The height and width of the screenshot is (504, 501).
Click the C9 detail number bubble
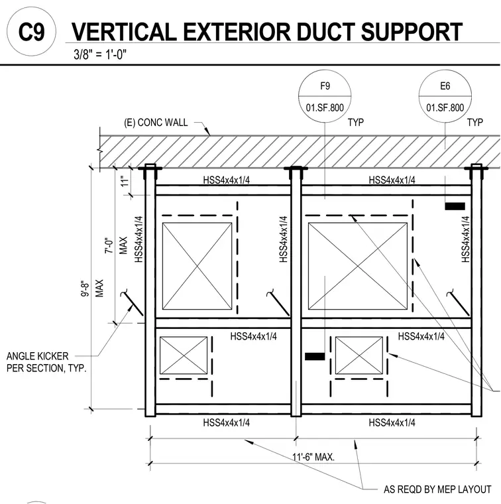click(x=31, y=32)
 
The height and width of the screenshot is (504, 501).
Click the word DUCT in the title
click(x=325, y=32)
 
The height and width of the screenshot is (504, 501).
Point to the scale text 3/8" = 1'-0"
click(x=100, y=54)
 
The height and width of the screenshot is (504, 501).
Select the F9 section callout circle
click(x=325, y=96)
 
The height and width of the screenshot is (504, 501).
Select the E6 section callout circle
click(x=445, y=96)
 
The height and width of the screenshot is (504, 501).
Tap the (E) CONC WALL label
click(x=156, y=123)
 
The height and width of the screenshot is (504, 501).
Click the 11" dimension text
click(x=125, y=181)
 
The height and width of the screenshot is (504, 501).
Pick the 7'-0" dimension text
click(x=109, y=246)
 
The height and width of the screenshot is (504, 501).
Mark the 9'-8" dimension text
click(x=85, y=289)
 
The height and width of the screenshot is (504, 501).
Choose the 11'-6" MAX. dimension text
click(x=313, y=457)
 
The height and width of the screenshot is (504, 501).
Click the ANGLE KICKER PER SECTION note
click(x=46, y=362)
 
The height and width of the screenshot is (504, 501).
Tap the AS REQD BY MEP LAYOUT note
click(x=437, y=489)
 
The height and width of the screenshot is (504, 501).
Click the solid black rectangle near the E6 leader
click(x=455, y=206)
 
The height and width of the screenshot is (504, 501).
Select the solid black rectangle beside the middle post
click(x=315, y=357)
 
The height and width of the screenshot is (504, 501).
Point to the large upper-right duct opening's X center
click(x=358, y=266)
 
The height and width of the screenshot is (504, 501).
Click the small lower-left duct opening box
click(x=184, y=355)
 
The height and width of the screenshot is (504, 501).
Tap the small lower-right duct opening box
click(x=359, y=355)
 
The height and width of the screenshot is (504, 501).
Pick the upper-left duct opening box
click(x=197, y=266)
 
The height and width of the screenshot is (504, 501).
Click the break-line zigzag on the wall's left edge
click(x=100, y=151)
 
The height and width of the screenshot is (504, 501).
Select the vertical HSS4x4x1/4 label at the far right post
click(x=466, y=239)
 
